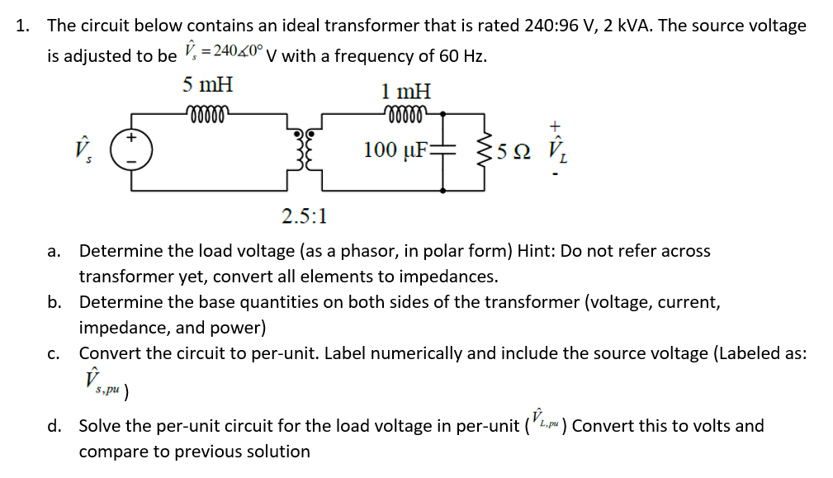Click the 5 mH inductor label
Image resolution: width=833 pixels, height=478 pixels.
click(208, 84)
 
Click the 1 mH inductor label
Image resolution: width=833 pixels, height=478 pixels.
click(405, 91)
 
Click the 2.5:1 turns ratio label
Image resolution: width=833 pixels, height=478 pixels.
click(304, 217)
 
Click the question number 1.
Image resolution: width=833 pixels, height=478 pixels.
click(23, 26)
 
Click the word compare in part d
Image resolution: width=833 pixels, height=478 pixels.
click(111, 452)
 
